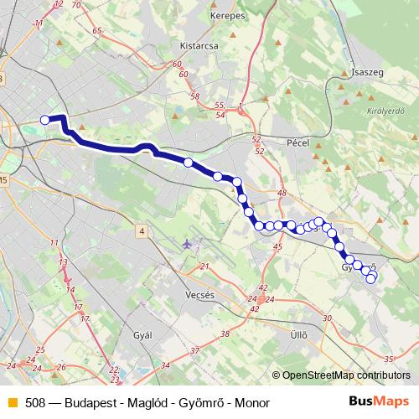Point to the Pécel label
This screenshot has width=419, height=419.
click(x=298, y=143)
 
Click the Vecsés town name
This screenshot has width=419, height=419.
click(x=202, y=296)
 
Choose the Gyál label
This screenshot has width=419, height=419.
click(x=144, y=334)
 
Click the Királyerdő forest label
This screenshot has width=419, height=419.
click(x=385, y=110)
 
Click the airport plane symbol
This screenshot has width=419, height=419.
click(x=186, y=244)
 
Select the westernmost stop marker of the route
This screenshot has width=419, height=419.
click(x=45, y=120)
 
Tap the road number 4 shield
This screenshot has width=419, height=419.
click(x=142, y=230)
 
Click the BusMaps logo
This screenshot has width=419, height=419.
click(x=379, y=401)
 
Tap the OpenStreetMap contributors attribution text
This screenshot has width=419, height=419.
click(x=346, y=376)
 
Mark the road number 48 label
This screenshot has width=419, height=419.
click(x=282, y=193)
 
